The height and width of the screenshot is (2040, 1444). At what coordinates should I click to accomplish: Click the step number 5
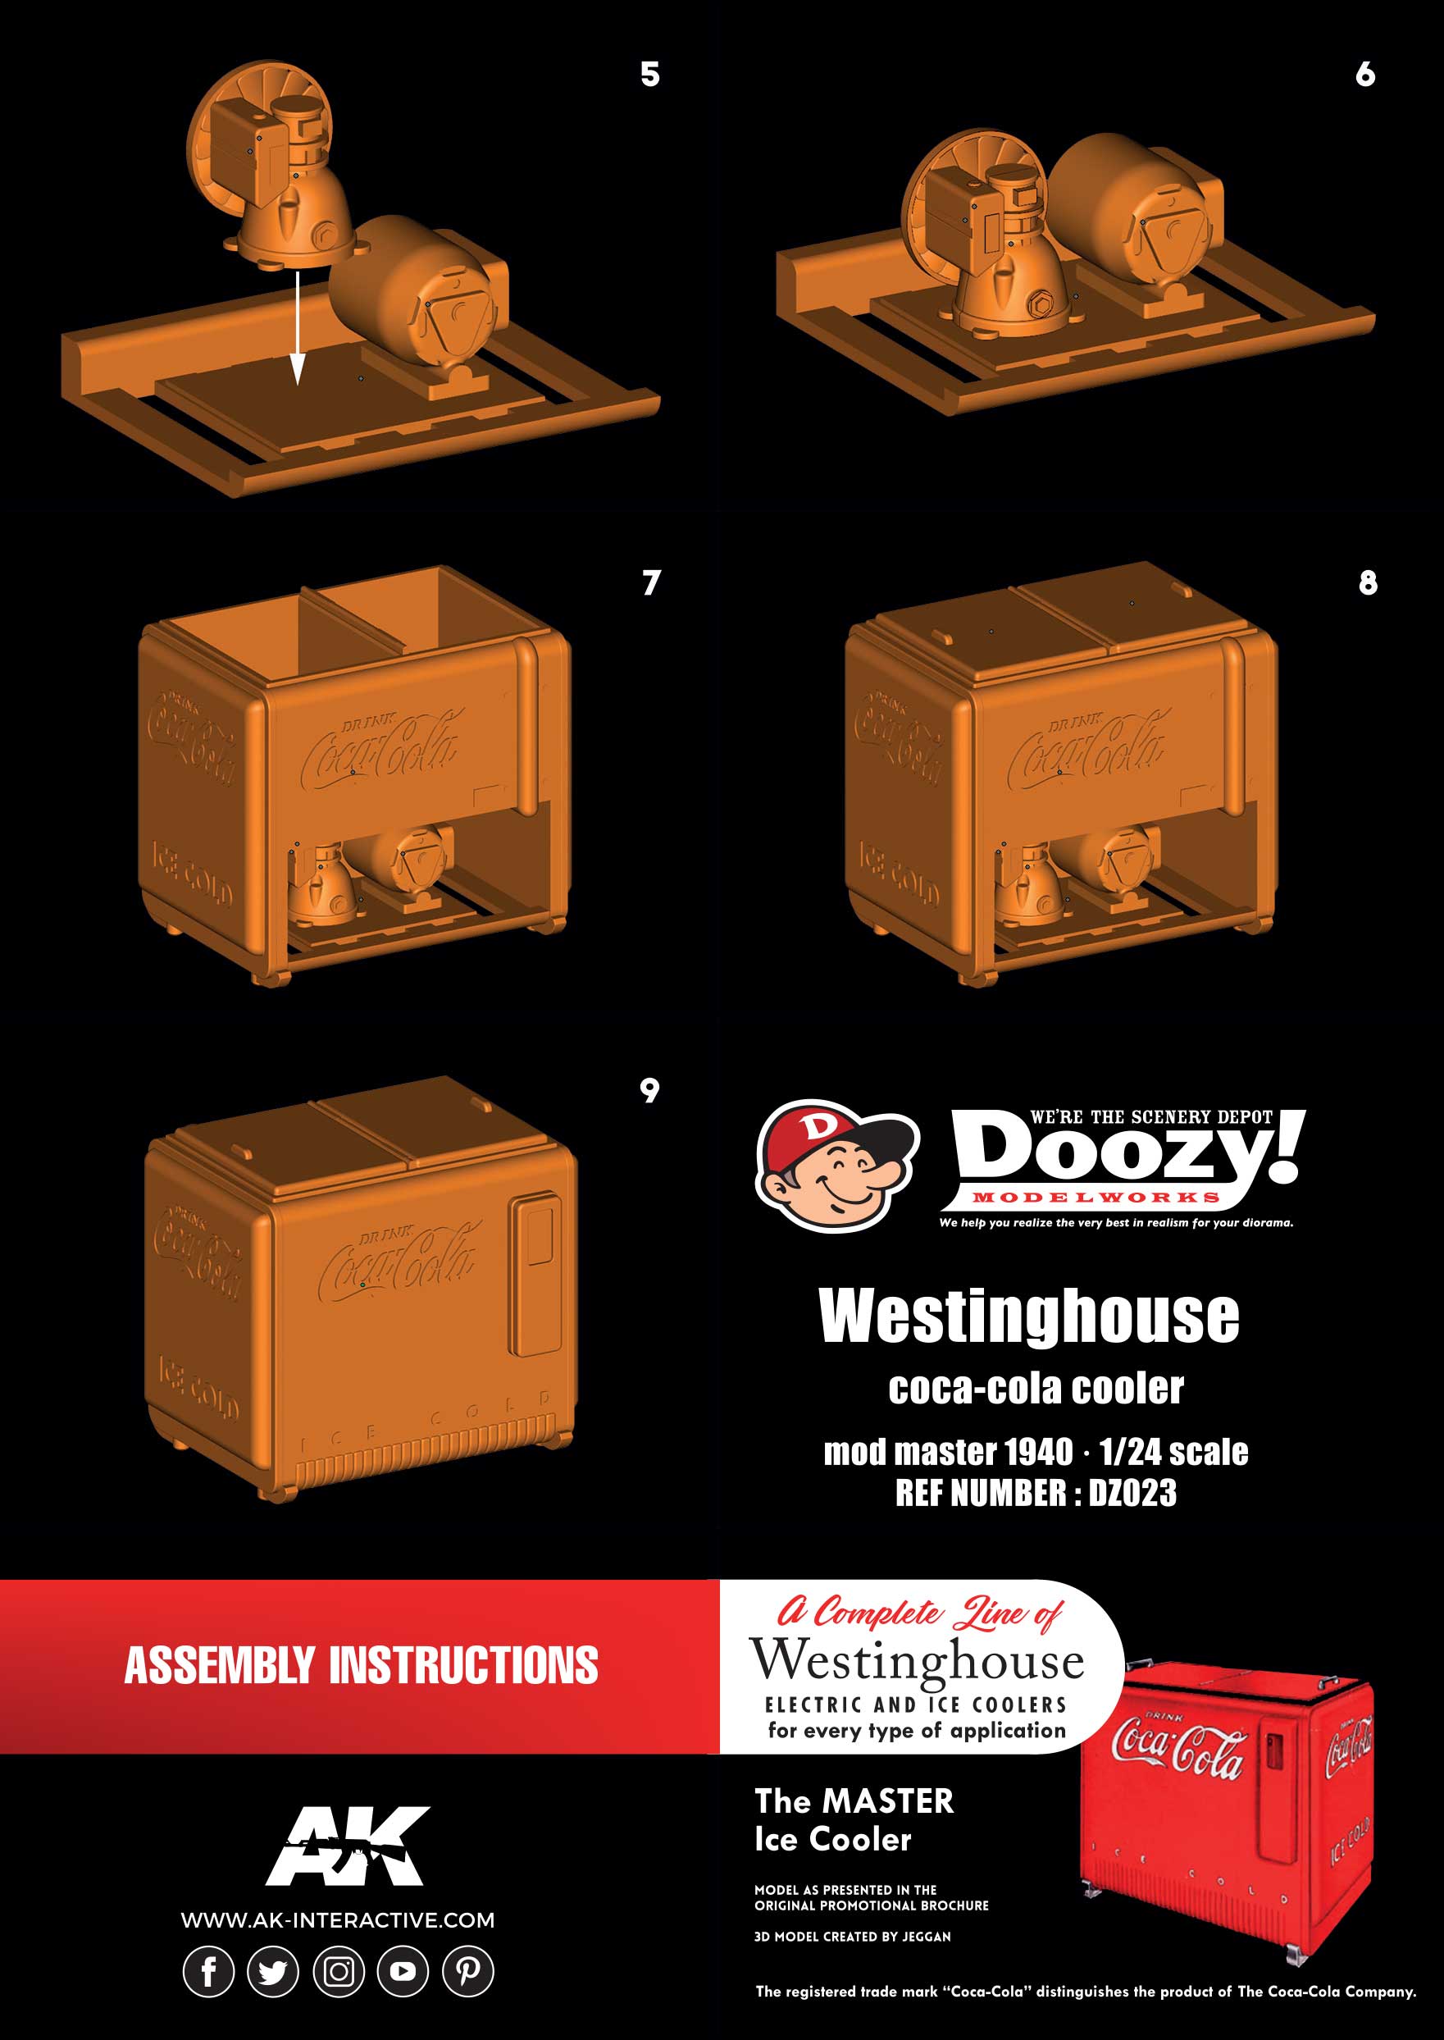650,75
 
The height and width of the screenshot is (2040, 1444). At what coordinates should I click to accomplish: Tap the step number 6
1364,75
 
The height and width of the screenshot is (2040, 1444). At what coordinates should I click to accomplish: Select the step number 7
651,583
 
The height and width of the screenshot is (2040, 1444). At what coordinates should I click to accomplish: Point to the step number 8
1368,583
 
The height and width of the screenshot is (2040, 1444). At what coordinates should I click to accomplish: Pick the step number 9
650,1090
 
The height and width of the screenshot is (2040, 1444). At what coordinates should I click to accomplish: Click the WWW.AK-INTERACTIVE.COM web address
338,1920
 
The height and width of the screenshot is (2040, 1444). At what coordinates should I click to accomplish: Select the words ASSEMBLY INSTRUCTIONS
361,1666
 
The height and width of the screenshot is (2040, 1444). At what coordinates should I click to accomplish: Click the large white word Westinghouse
1029,1317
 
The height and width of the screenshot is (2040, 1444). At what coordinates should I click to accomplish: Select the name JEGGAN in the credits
927,1936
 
